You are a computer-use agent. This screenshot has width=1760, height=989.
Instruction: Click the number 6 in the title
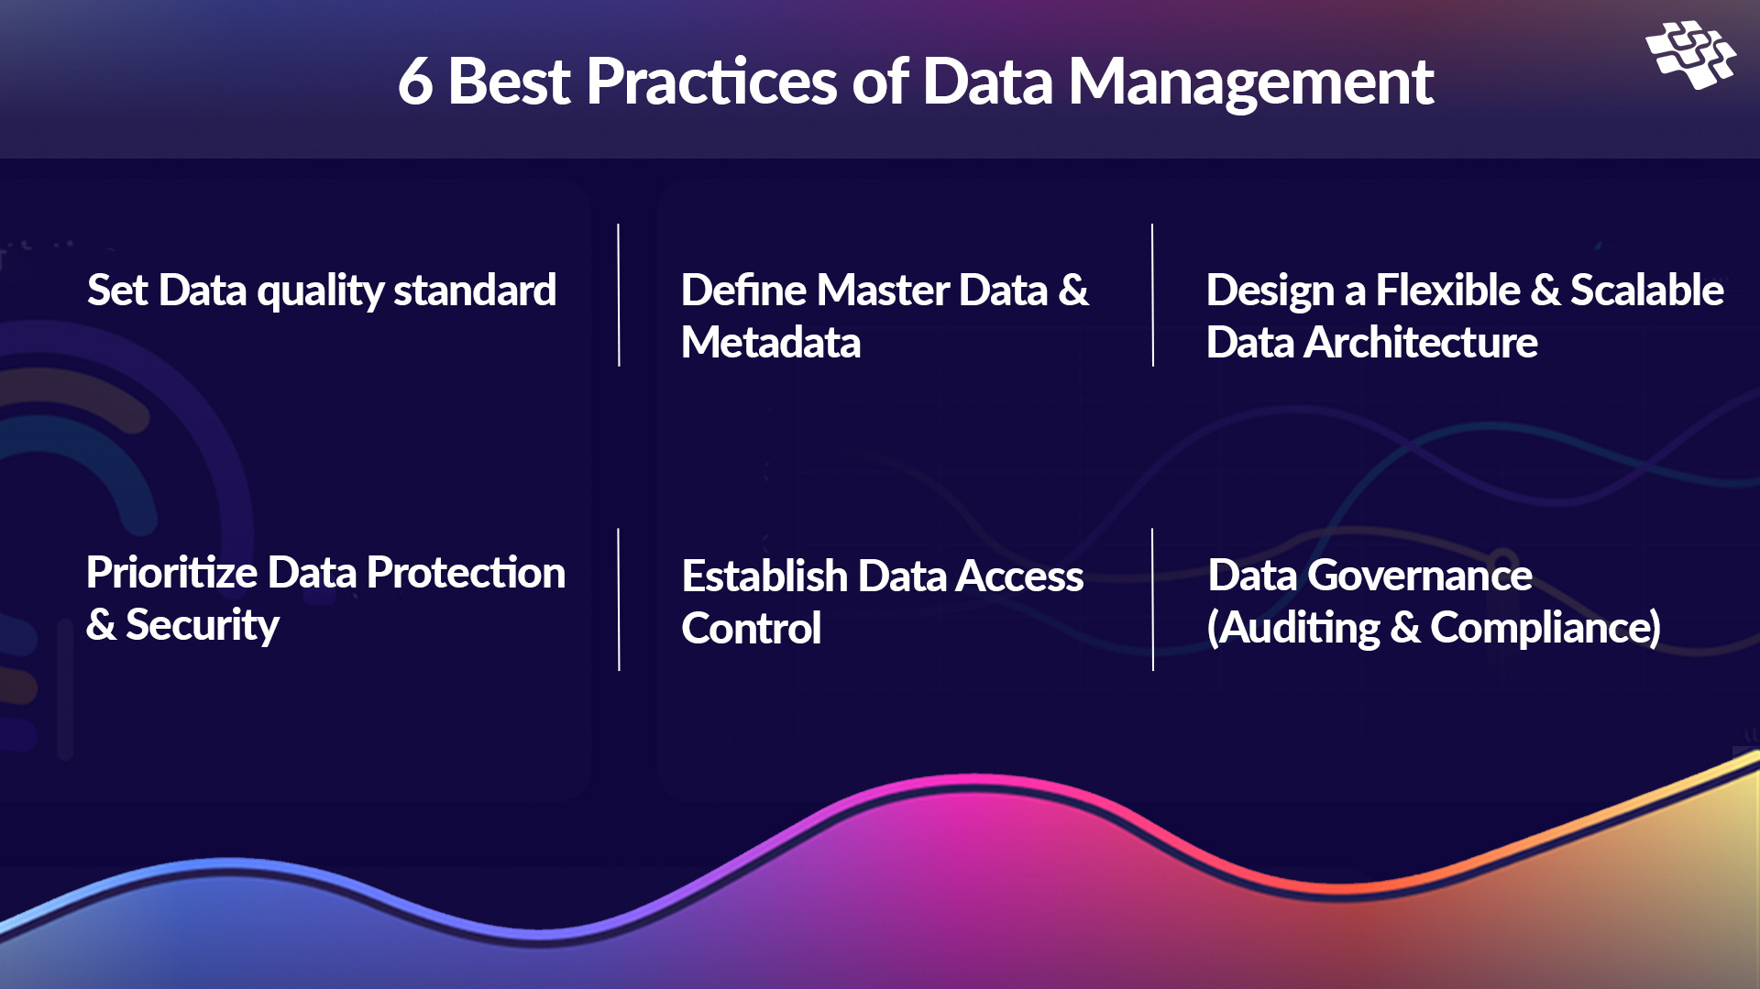click(x=414, y=82)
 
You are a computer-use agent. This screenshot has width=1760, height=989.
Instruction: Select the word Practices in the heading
click(x=710, y=82)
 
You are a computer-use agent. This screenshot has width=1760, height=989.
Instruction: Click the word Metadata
click(x=771, y=343)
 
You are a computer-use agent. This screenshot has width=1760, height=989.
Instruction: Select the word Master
click(x=882, y=291)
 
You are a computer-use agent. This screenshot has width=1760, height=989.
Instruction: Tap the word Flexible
click(x=1447, y=291)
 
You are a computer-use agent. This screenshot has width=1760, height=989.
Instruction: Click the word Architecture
click(x=1420, y=343)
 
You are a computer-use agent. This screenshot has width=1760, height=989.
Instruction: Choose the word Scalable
click(x=1646, y=291)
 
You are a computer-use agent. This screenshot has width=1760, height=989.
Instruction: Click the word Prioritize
click(x=171, y=574)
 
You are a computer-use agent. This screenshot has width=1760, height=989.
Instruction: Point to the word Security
click(x=202, y=626)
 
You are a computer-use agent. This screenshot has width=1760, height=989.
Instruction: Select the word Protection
click(x=466, y=574)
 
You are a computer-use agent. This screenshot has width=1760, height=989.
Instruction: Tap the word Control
click(x=751, y=629)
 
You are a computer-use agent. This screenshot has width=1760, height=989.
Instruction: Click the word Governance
click(x=1419, y=576)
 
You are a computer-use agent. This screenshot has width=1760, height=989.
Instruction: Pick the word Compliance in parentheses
click(x=1544, y=628)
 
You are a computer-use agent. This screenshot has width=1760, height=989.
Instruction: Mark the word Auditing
click(x=1300, y=628)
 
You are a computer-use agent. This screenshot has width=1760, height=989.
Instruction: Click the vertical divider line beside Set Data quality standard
click(x=619, y=295)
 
